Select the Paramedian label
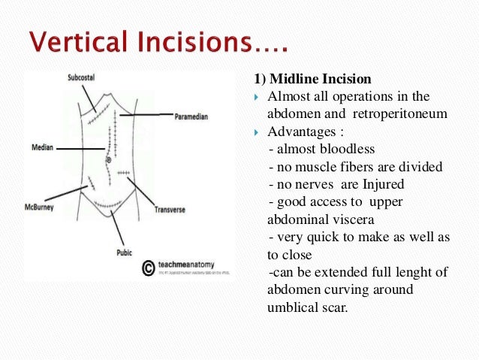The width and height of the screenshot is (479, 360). [191, 117]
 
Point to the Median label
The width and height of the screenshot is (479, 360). [42, 148]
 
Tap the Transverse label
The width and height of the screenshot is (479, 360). [171, 210]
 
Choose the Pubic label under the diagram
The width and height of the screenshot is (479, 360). [124, 253]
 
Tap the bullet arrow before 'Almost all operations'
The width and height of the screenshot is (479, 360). [257, 98]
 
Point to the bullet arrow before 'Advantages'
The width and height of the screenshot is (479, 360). [257, 132]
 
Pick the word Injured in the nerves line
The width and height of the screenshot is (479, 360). [384, 183]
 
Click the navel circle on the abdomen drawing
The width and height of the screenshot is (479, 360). [109, 159]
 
